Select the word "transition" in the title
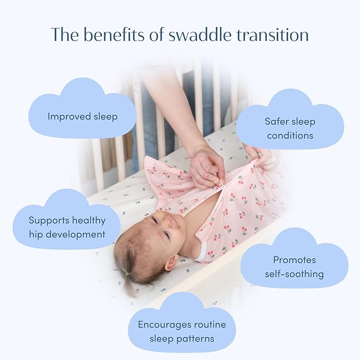click(277, 35)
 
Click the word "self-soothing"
click(294, 274)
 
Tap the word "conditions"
click(290, 135)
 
